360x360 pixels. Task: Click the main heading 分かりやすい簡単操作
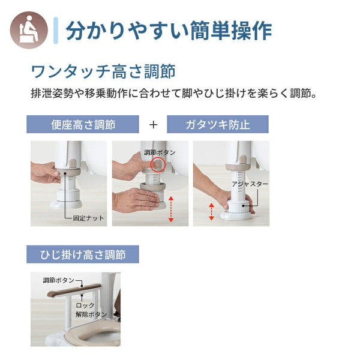[169, 29]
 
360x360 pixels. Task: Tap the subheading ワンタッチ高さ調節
[103, 71]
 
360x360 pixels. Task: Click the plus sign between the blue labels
[154, 125]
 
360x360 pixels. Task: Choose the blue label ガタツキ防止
[218, 125]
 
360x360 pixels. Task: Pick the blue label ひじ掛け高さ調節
[83, 254]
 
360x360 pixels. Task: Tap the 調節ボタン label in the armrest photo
[59, 280]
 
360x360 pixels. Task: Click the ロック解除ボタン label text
[90, 310]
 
